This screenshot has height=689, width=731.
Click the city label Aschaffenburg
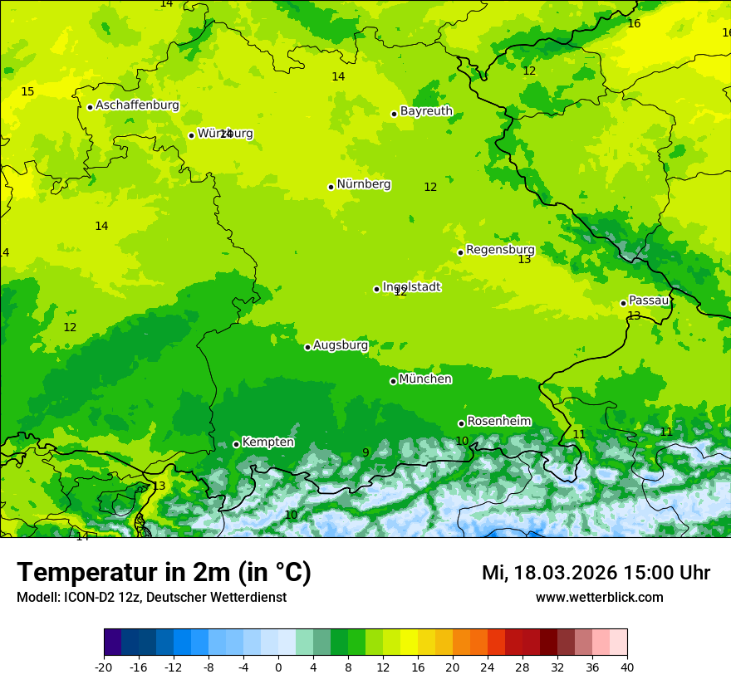pyautogui.click(x=137, y=105)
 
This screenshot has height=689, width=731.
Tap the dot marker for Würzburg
pyautogui.click(x=191, y=135)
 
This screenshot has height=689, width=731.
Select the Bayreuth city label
pyautogui.click(x=426, y=111)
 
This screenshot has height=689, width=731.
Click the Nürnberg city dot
pyautogui.click(x=331, y=187)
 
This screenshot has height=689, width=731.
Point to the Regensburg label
pyautogui.click(x=500, y=250)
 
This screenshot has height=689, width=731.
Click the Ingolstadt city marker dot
pyautogui.click(x=376, y=289)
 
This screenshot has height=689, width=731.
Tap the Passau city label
pyautogui.click(x=649, y=301)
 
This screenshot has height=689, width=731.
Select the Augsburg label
pyautogui.click(x=341, y=345)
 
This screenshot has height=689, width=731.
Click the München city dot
pyautogui.click(x=393, y=381)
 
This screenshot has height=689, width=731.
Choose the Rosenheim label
pyautogui.click(x=498, y=422)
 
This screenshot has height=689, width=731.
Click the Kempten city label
pyautogui.click(x=267, y=442)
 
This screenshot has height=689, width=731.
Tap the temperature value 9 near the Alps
pyautogui.click(x=365, y=452)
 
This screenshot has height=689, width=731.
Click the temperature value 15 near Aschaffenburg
pyautogui.click(x=27, y=91)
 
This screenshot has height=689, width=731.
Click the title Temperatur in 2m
pyautogui.click(x=164, y=573)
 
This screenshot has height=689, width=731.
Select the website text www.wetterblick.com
pyautogui.click(x=599, y=598)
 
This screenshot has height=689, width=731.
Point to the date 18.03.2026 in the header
pyautogui.click(x=565, y=574)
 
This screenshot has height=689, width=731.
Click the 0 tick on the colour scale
pyautogui.click(x=278, y=667)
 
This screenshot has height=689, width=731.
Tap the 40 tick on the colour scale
pyautogui.click(x=626, y=667)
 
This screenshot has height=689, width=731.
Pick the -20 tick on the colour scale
pyautogui.click(x=103, y=667)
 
